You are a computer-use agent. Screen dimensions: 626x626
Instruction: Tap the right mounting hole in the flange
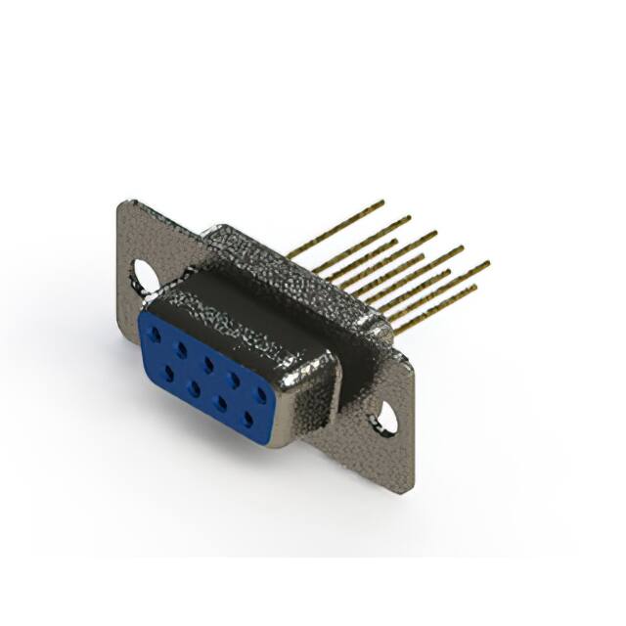[x=387, y=419]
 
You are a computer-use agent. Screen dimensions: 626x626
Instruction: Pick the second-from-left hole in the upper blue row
[x=181, y=347]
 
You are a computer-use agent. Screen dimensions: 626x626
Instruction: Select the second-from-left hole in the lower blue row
[x=196, y=387]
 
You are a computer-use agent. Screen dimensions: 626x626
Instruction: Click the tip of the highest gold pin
[x=382, y=202]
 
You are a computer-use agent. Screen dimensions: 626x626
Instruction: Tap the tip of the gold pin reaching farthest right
[x=486, y=263]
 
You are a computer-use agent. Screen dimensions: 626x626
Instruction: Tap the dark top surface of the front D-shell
[x=245, y=303]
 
